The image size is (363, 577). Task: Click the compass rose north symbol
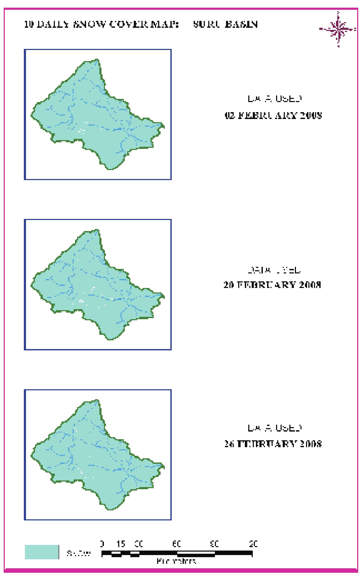coord(338,29)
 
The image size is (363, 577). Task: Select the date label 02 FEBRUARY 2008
coord(273,116)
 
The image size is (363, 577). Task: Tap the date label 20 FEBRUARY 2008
coord(272,285)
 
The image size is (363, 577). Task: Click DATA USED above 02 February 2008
coord(275,99)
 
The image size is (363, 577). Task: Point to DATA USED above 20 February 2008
coord(274,270)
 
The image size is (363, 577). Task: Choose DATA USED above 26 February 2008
coord(275,428)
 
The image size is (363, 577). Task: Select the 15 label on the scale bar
coord(121,544)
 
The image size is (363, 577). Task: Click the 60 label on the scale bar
coord(177,544)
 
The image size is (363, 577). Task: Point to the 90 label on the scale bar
coord(214,544)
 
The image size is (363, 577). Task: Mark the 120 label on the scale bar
coord(253,544)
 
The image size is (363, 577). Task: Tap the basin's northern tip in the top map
coord(97,60)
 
